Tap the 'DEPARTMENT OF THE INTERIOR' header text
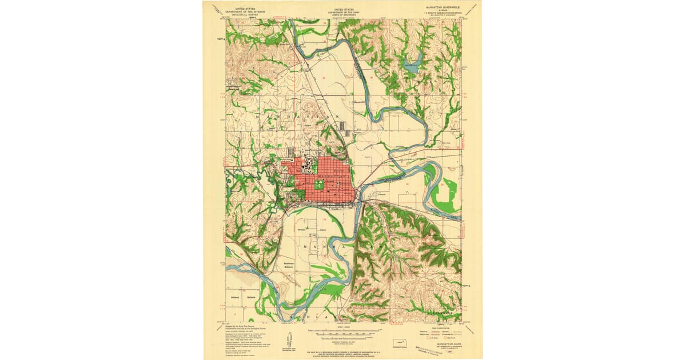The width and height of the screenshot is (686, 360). click(245, 11)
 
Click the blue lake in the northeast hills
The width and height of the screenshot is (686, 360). click(413, 61)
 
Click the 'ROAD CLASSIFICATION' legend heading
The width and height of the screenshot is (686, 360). click(440, 327)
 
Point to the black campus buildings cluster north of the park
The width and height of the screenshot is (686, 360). click(309, 166)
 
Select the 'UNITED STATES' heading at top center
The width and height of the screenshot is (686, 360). click(344, 9)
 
